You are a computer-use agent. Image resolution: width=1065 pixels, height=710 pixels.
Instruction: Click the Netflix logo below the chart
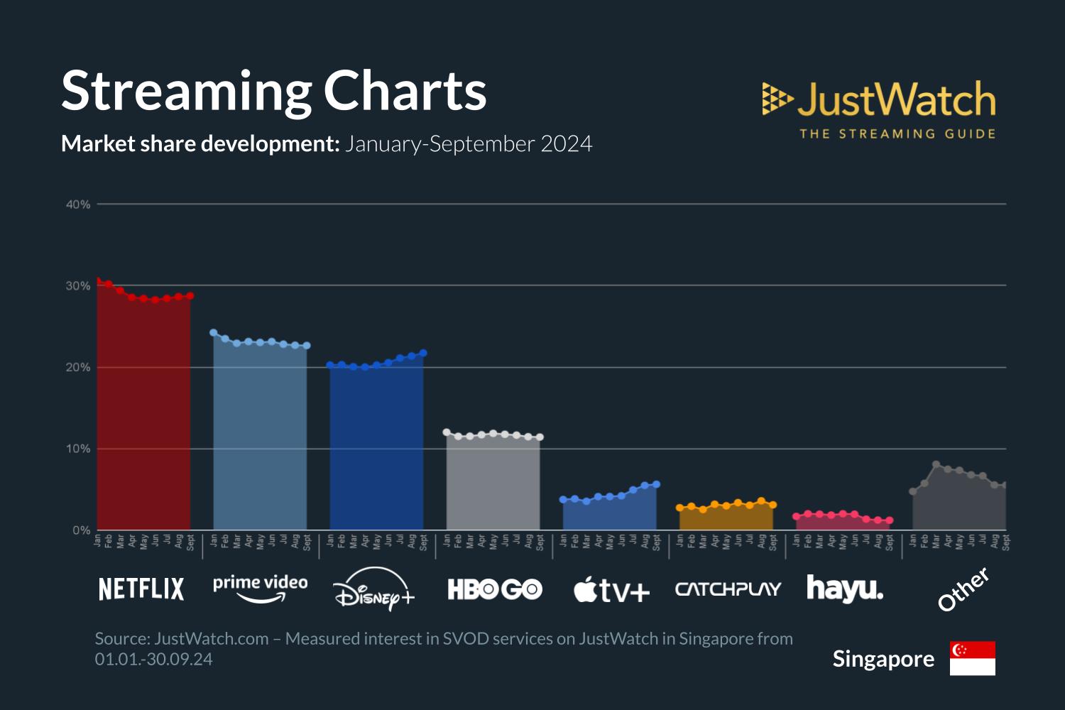[x=141, y=589]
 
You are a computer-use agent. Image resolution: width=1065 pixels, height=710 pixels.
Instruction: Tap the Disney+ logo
[x=374, y=589]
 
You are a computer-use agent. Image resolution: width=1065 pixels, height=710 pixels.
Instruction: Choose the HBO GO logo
[x=494, y=589]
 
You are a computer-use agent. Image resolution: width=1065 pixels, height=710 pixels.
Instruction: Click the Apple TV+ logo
[x=611, y=590]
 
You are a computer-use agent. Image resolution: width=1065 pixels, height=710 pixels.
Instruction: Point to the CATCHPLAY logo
[x=728, y=589]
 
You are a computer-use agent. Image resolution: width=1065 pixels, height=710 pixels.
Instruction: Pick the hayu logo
[x=845, y=589]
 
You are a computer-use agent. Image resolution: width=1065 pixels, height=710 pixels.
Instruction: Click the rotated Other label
[x=963, y=589]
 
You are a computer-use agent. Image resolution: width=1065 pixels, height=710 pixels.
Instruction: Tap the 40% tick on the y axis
[x=78, y=204]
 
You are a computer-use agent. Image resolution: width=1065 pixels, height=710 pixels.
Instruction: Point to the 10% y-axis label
[x=78, y=449]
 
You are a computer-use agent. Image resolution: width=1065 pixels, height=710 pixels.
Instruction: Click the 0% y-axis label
[x=81, y=530]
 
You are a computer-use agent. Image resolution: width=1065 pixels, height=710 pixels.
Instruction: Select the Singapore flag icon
[x=972, y=658]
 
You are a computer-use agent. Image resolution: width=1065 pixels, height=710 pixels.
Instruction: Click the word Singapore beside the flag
[x=883, y=659]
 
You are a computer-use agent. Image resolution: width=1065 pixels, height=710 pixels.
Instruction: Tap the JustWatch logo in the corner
[x=879, y=109]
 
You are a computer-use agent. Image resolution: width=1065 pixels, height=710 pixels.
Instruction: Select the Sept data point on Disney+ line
[x=423, y=353]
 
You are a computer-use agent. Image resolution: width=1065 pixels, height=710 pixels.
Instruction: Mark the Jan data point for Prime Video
[x=214, y=332]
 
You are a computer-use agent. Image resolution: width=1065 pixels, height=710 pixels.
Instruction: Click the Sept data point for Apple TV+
[x=656, y=484]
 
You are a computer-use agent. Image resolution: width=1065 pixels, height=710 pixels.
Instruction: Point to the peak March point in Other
[x=936, y=464]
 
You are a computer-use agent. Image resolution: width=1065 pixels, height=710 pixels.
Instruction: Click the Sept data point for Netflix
[x=190, y=296]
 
